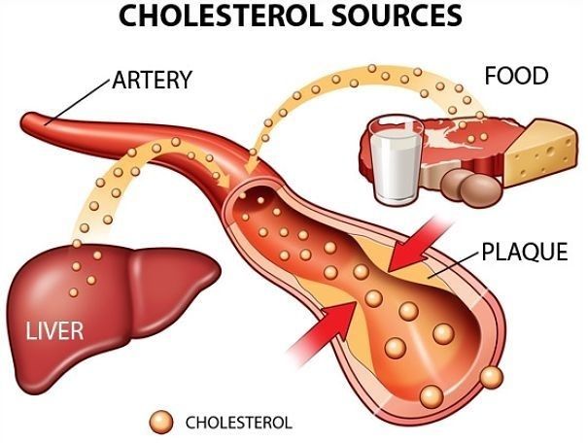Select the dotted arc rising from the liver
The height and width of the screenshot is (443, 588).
(x=102, y=175)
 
